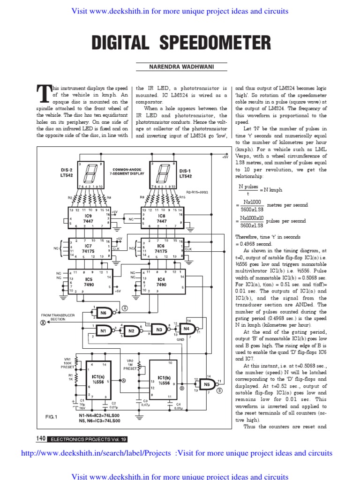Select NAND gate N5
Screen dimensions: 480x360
207,385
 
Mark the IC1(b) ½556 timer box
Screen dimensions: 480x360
164,380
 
